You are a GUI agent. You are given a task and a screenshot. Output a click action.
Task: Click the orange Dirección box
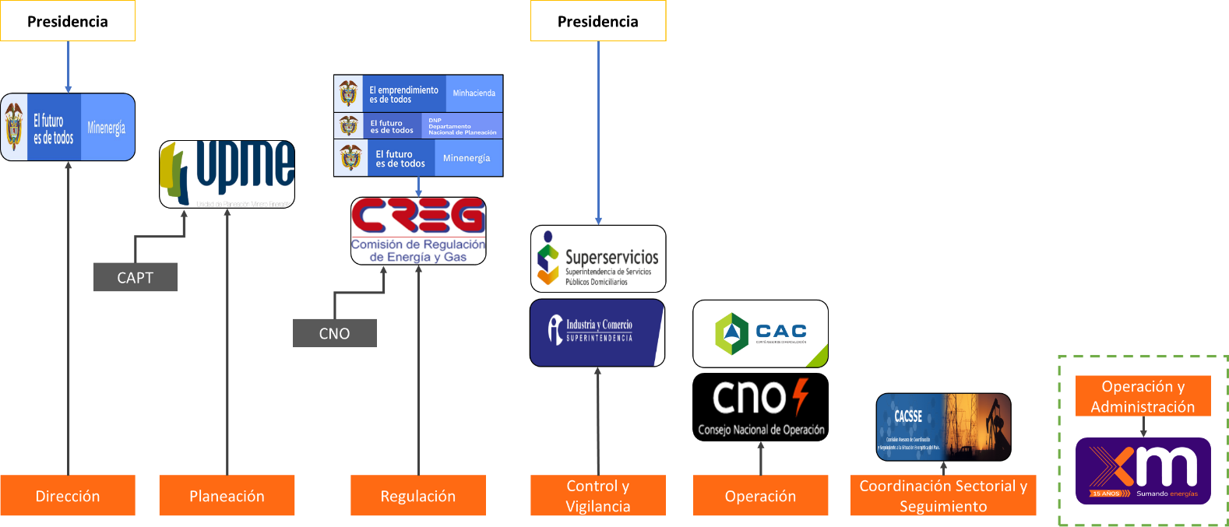[68, 496]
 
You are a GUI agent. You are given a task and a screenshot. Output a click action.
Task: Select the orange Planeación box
[227, 496]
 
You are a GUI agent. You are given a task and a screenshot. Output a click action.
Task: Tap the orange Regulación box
[418, 496]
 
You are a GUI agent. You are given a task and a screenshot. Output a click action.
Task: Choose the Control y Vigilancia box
[598, 496]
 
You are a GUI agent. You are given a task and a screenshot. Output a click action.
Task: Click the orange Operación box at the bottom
[761, 496]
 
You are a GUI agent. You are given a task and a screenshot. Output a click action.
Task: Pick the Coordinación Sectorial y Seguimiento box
[943, 496]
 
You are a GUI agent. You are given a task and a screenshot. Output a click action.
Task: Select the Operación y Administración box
[1143, 396]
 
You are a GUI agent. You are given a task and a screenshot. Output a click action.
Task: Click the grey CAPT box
[135, 277]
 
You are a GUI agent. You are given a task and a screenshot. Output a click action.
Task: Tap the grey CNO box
[335, 333]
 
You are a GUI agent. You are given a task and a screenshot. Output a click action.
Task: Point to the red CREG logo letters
[418, 216]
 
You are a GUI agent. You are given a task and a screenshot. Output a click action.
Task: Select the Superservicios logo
[597, 258]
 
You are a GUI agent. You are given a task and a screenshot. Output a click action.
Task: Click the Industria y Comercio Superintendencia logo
[597, 332]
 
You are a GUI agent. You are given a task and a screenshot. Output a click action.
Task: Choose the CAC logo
[760, 333]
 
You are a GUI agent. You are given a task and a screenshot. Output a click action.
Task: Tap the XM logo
[1143, 471]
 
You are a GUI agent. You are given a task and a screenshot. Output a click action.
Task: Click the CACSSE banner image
[943, 427]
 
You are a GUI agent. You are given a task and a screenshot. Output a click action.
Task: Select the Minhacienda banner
[418, 93]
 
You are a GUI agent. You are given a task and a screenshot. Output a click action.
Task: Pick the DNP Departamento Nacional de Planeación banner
[418, 126]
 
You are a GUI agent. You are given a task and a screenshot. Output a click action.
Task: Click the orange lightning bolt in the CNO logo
[801, 395]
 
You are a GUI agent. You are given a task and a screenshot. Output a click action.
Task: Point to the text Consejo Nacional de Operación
[761, 430]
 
